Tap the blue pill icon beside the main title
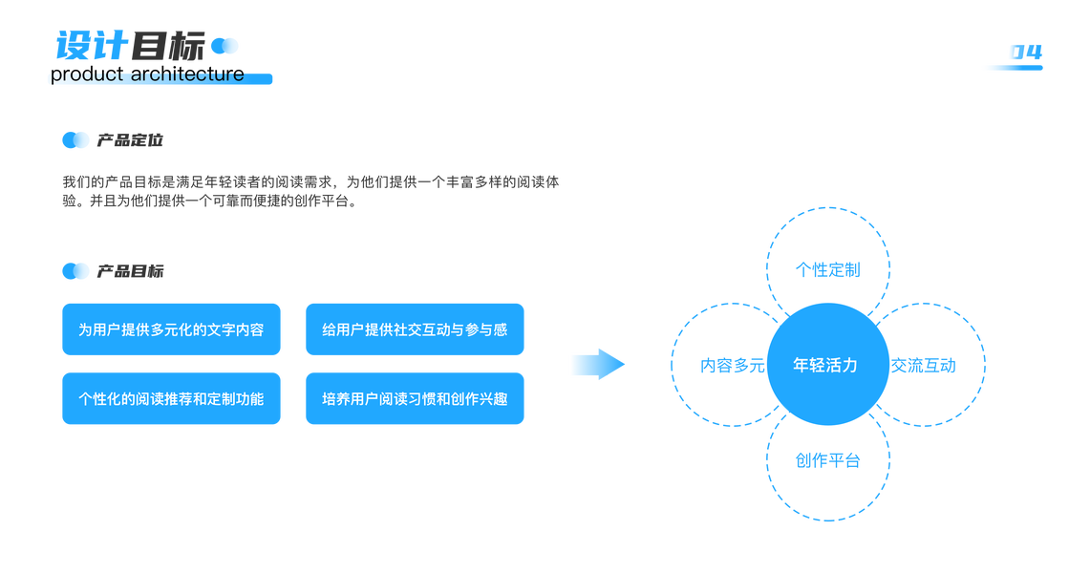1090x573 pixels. coord(224,46)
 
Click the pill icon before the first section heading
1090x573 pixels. coord(75,140)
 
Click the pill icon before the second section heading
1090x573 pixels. coord(75,271)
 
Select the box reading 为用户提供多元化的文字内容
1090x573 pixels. coord(171,329)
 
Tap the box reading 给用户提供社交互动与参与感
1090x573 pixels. coord(415,329)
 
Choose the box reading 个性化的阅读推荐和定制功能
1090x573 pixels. coord(171,398)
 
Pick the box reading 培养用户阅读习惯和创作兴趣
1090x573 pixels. coord(415,398)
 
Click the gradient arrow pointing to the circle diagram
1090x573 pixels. coord(598,364)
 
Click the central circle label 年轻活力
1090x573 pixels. coord(825,365)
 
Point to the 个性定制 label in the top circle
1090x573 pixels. coord(827,269)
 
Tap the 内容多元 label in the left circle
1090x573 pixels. coord(733,365)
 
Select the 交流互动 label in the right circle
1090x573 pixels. coord(923,365)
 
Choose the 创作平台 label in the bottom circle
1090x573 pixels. coord(827,460)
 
